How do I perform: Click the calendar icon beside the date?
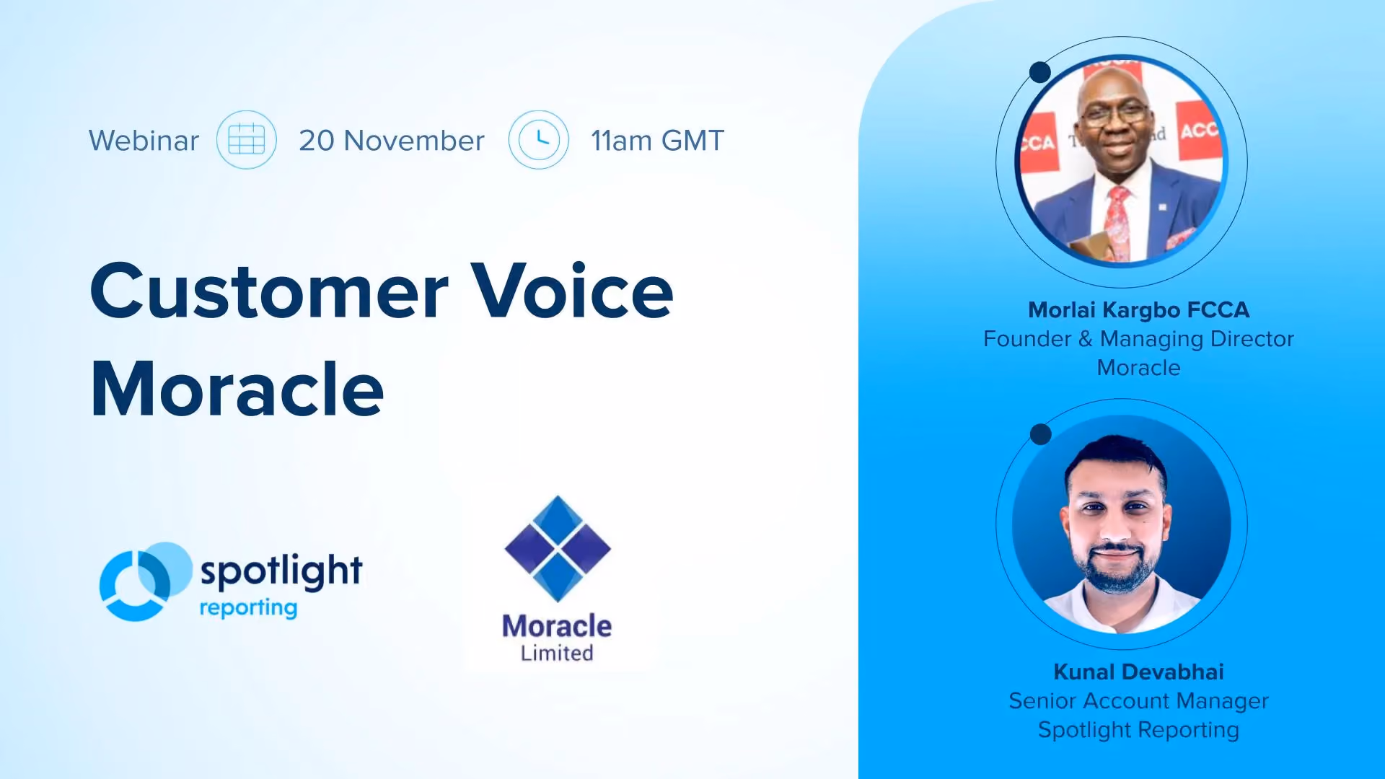[246, 140]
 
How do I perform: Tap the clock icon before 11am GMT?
[538, 140]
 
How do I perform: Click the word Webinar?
[144, 141]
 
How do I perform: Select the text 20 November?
[392, 141]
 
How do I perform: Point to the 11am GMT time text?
[657, 141]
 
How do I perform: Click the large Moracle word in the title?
[237, 389]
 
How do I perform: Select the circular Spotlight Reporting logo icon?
[145, 581]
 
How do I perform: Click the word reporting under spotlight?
[248, 608]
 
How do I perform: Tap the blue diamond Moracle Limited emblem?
[558, 549]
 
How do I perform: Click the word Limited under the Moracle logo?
[557, 653]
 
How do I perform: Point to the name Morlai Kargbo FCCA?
[1138, 309]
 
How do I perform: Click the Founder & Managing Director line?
[1138, 339]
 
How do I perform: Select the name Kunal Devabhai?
[1138, 672]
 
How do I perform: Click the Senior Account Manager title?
[1138, 700]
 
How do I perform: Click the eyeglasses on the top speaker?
[1115, 114]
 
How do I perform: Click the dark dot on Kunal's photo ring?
[1040, 434]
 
